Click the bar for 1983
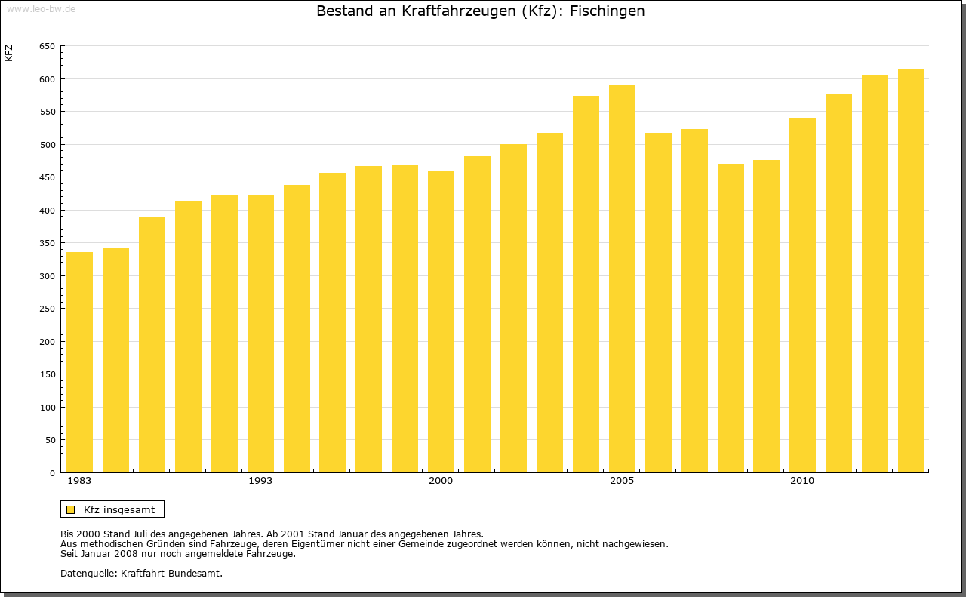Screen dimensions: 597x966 click(79, 362)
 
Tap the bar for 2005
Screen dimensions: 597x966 click(622, 279)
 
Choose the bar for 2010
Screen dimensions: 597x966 click(802, 295)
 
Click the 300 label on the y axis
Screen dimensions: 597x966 click(46, 276)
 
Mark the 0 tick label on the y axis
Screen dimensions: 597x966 click(51, 473)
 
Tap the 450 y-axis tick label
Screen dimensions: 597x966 click(46, 178)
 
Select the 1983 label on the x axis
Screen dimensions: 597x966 click(79, 481)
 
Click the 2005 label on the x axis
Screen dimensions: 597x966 click(622, 481)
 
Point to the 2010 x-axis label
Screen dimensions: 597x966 click(802, 481)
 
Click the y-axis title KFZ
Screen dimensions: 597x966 click(9, 53)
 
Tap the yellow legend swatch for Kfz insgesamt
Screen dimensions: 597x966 click(70, 509)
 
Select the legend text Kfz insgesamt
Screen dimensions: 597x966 click(119, 509)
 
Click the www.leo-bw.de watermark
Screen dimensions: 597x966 click(41, 8)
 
